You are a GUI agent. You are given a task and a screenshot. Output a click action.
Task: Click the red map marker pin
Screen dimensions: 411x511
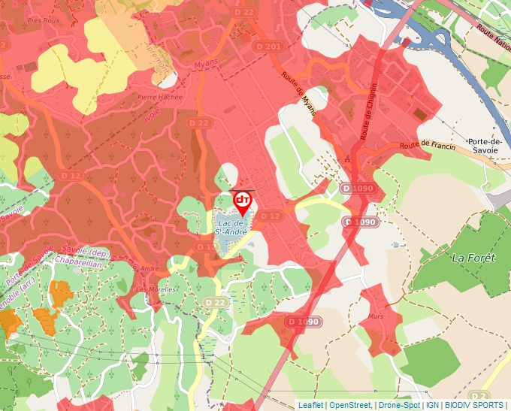(x=243, y=202)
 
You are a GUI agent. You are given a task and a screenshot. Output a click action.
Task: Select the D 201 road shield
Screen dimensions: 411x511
(x=274, y=47)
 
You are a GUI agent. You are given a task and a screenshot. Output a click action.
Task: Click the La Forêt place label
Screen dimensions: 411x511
(x=473, y=258)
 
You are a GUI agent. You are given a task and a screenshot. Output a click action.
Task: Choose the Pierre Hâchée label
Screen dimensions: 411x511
(x=159, y=97)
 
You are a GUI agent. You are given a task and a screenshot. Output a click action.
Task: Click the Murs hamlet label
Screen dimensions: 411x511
(x=376, y=316)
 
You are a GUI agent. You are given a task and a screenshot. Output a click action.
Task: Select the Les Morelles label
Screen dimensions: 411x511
(x=152, y=289)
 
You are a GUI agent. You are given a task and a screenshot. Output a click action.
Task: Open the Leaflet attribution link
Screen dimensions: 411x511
(x=310, y=405)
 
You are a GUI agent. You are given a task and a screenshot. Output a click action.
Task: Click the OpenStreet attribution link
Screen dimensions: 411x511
(x=349, y=405)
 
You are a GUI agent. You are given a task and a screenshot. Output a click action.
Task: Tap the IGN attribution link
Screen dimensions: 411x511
(x=432, y=405)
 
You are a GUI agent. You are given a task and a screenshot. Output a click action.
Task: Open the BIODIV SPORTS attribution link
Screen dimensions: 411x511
(x=474, y=405)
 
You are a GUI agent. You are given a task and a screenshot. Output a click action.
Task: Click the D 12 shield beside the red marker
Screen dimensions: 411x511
(x=270, y=216)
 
